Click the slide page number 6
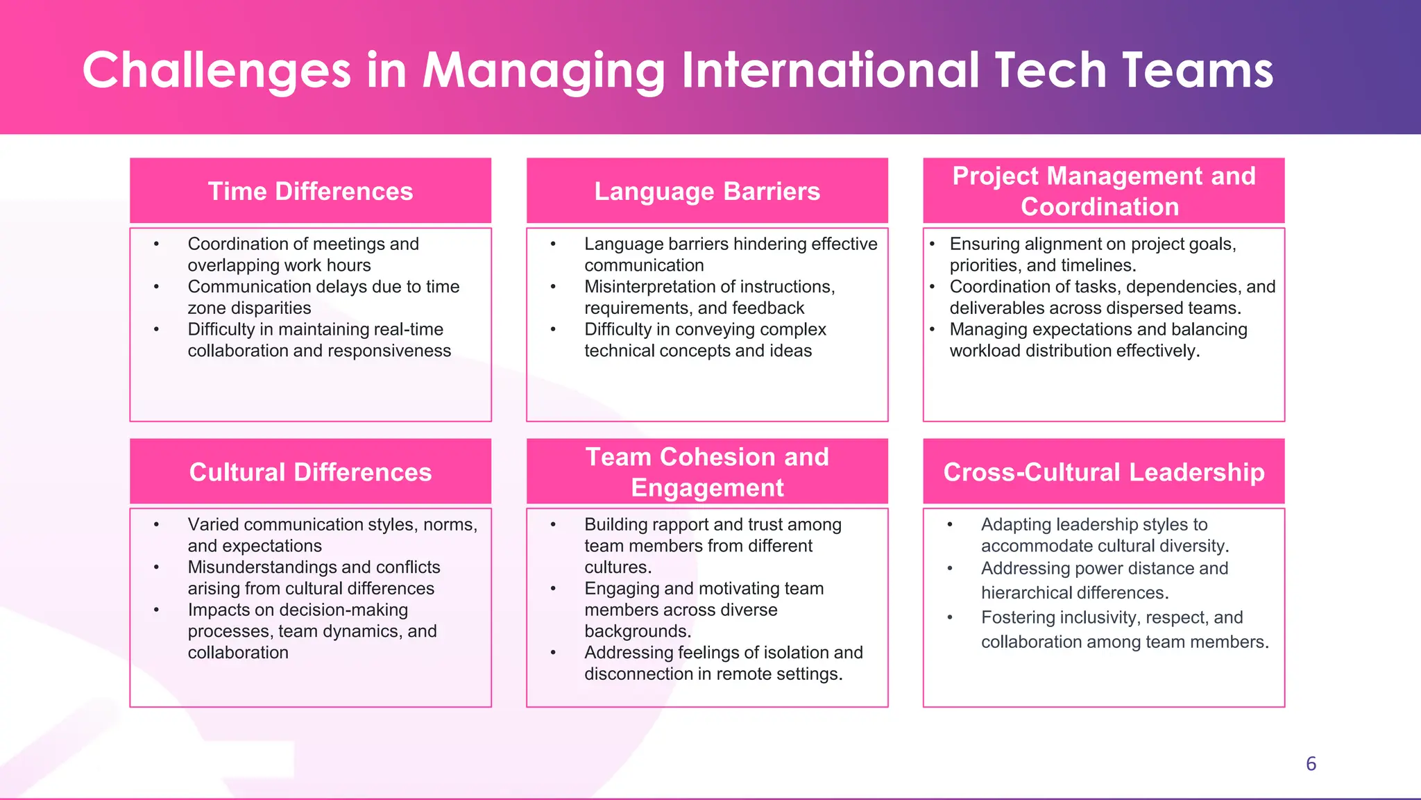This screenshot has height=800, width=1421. pos(1311,764)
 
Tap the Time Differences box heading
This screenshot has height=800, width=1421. pos(310,192)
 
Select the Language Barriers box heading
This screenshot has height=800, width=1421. pos(707,192)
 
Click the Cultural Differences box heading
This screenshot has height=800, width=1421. pos(310,472)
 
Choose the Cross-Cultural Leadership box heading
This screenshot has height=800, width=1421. pos(1103,472)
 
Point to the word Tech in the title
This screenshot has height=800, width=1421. pos(1050,70)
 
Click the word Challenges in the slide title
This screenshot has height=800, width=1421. pos(216,72)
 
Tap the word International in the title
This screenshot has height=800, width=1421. pos(831,70)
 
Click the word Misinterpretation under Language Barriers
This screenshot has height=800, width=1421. pos(647,287)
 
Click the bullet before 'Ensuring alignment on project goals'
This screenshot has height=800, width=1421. pos(933,244)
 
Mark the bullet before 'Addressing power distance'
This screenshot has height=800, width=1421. pos(950,569)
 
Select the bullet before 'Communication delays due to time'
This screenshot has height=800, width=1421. pos(157,287)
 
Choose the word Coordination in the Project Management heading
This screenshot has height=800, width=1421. pos(1100,207)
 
